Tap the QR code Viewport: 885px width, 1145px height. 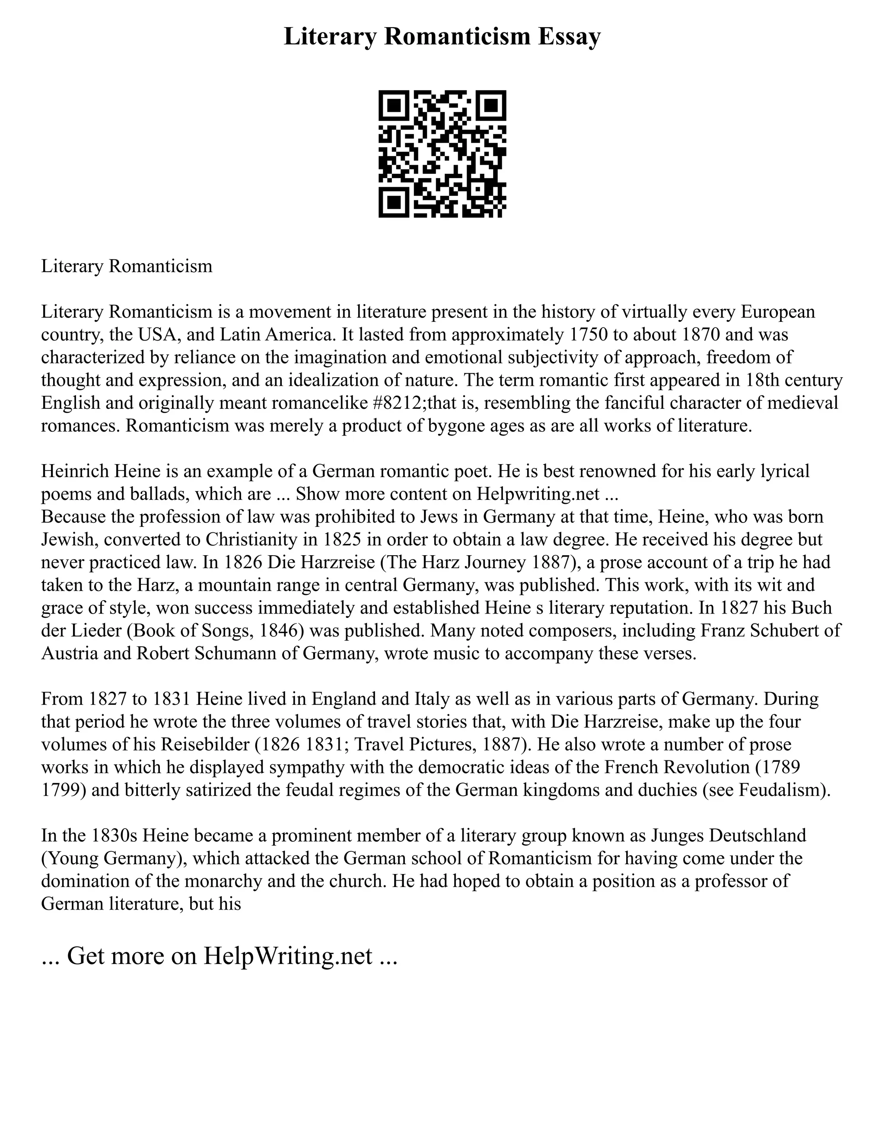442,154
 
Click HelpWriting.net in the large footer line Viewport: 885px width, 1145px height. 288,956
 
